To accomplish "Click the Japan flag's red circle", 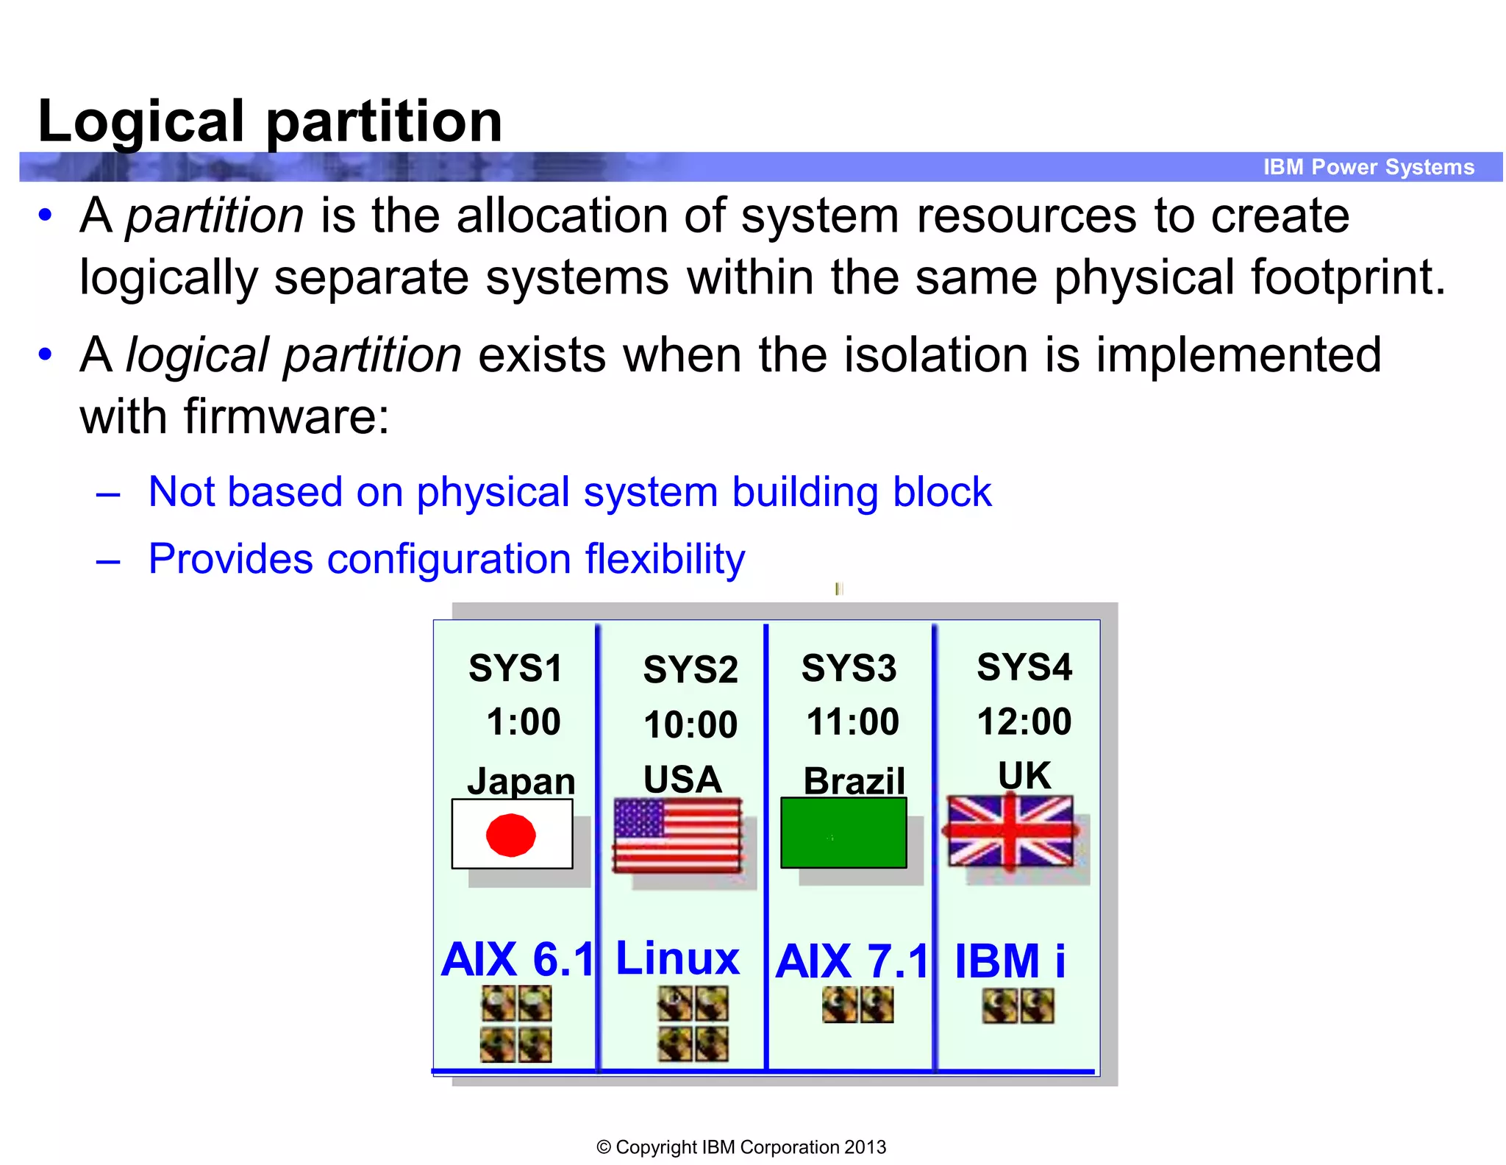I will [x=511, y=835].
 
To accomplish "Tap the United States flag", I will [x=677, y=835].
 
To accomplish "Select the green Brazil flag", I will [x=843, y=833].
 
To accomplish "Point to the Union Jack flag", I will [x=1010, y=831].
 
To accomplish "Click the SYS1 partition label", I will [x=515, y=669].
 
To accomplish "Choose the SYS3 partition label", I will [x=849, y=669].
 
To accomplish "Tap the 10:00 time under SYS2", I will [x=690, y=724].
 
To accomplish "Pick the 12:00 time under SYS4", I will [x=1024, y=722].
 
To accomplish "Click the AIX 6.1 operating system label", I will [x=517, y=960].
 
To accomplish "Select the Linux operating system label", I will [x=677, y=958].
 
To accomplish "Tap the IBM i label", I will [x=1010, y=961].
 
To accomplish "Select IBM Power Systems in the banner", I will [x=1368, y=167].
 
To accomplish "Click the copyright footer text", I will [x=741, y=1147].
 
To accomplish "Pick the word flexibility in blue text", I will [x=665, y=559].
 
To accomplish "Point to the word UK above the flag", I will [x=1024, y=776].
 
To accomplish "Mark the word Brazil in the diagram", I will [x=854, y=780].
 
